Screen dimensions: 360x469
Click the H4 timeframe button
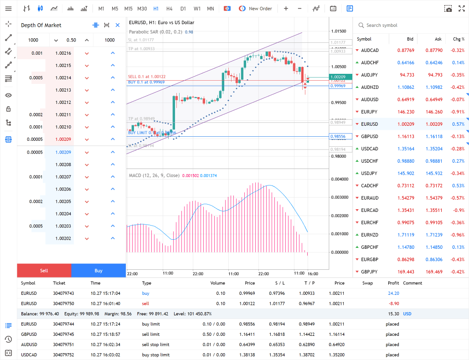tap(169, 9)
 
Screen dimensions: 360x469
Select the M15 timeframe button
tap(128, 9)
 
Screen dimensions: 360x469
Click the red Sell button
tap(44, 271)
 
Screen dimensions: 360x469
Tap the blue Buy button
tap(98, 271)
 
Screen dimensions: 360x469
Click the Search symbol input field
tap(410, 26)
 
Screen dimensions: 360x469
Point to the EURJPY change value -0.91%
tap(458, 112)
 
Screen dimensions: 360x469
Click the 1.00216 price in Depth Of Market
tap(63, 53)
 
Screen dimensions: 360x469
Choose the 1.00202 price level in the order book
tap(63, 238)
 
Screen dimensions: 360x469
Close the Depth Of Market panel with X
tap(118, 26)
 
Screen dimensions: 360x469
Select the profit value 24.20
tap(393, 293)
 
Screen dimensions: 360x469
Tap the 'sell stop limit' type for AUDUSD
tap(155, 345)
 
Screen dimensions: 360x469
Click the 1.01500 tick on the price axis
tap(338, 31)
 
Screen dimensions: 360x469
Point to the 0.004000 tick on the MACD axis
tap(339, 179)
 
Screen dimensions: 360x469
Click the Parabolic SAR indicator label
tap(155, 32)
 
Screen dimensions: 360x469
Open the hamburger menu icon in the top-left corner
tap(8, 9)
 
